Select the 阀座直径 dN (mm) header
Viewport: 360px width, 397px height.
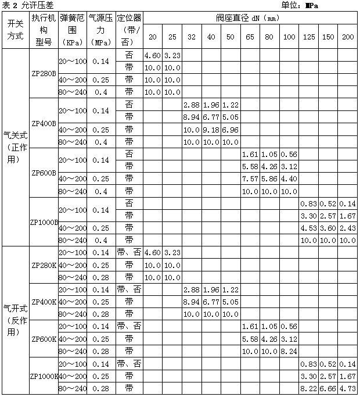[249, 17]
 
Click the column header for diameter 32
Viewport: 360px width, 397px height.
[192, 38]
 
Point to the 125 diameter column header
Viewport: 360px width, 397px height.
[309, 38]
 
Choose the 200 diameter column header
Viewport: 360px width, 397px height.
[348, 38]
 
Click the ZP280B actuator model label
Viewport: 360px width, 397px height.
[44, 74]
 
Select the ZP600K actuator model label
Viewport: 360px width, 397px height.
[44, 339]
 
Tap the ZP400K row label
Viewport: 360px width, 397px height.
[44, 302]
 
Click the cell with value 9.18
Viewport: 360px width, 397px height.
[211, 130]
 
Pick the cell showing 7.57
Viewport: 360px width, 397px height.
[250, 179]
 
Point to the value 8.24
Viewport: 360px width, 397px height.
[289, 352]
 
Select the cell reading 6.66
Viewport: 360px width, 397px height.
[329, 388]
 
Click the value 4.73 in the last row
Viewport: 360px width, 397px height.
[348, 388]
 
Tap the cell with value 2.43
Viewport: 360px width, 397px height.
[348, 228]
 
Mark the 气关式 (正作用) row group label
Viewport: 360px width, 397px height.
[16, 148]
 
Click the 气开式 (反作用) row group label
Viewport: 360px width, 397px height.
[16, 320]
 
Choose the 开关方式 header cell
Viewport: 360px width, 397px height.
[16, 30]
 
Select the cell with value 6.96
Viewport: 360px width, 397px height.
[231, 130]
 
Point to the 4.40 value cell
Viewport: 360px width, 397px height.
[289, 179]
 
